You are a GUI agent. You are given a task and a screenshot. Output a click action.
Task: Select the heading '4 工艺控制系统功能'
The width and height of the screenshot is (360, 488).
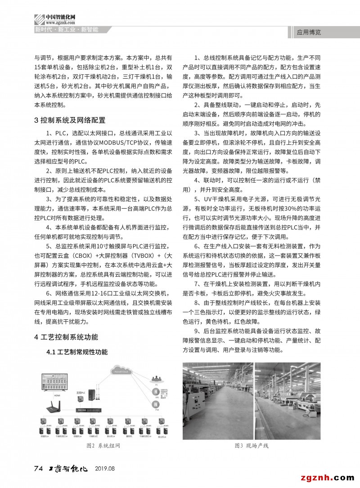[x=66, y=337]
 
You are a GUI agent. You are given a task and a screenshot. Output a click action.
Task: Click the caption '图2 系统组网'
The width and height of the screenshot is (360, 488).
[x=103, y=445]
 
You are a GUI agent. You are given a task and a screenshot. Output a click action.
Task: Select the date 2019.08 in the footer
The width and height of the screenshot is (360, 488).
[x=105, y=469]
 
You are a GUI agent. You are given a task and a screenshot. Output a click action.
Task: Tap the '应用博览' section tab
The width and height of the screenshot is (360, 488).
[x=309, y=32]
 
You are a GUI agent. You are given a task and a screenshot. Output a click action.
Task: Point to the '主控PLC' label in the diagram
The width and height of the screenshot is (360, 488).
[x=80, y=393]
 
